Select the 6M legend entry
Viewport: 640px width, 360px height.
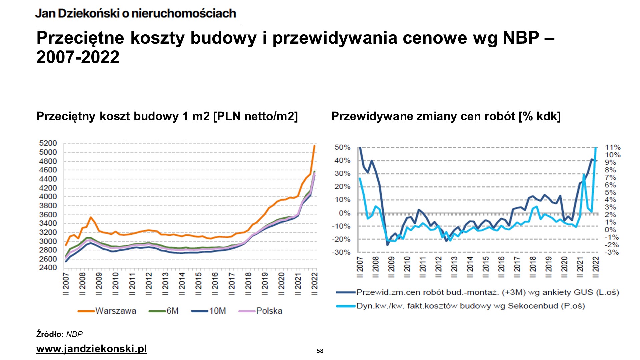[x=172, y=311]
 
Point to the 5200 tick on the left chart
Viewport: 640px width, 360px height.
[x=48, y=143]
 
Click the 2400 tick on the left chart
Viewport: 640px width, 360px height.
[x=48, y=268]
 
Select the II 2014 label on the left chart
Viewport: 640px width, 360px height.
[x=182, y=284]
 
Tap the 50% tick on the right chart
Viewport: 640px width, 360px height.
[x=342, y=147]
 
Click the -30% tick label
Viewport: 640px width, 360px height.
[x=341, y=252]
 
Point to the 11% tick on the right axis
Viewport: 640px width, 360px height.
[x=613, y=147]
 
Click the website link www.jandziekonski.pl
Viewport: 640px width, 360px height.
[x=91, y=349]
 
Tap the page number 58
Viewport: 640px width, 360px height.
[x=320, y=351]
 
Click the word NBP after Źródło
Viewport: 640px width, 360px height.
[x=74, y=334]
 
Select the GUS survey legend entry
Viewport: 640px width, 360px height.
[x=487, y=292]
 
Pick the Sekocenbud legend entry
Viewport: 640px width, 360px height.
[x=470, y=306]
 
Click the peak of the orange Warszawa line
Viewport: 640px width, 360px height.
[x=314, y=146]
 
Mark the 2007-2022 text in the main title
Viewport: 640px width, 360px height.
[x=78, y=57]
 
